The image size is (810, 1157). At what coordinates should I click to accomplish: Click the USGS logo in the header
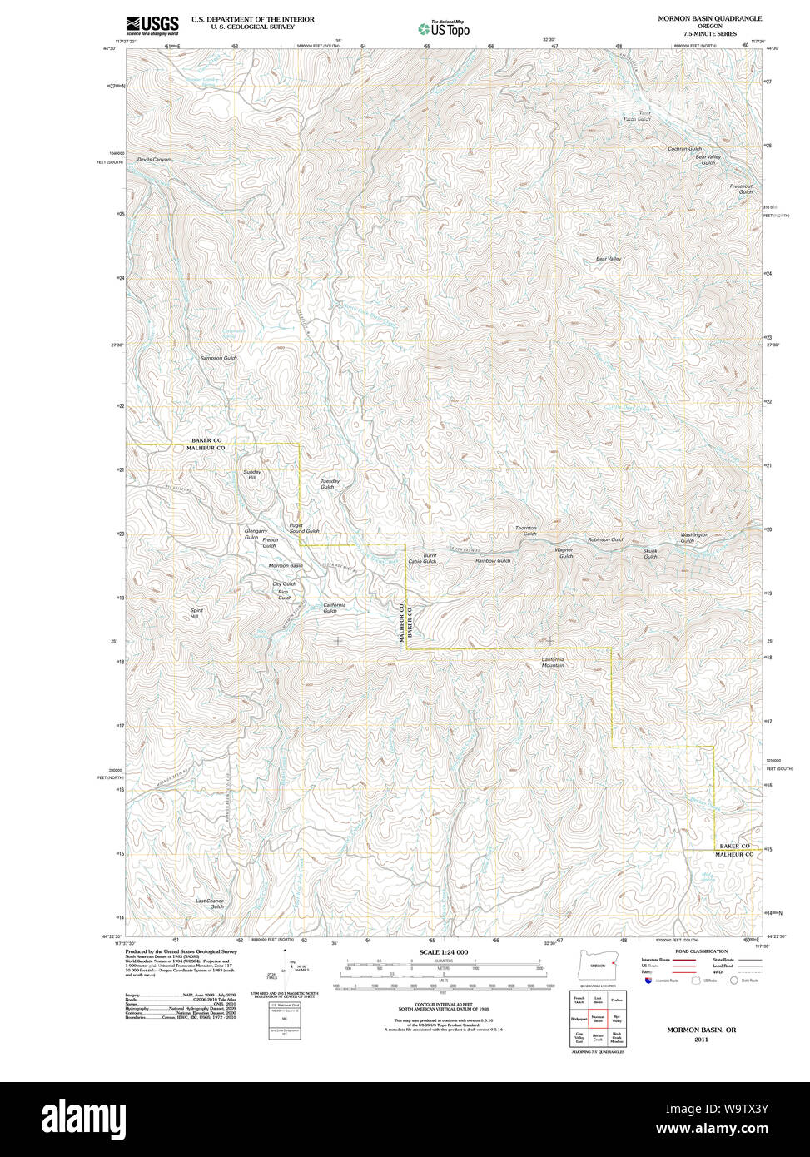pos(152,25)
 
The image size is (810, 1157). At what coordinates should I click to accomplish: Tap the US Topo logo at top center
pos(444,28)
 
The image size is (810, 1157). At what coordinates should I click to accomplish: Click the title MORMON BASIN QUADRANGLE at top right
pos(709,18)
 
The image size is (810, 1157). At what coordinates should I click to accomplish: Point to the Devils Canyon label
pos(154,159)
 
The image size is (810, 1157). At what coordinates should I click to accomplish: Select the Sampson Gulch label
pos(218,358)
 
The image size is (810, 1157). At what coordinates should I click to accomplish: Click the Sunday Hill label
pos(251,474)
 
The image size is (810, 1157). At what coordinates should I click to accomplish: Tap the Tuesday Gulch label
pos(330,484)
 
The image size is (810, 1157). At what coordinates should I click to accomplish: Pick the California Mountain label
pos(553,663)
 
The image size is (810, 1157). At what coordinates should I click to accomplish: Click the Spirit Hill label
pos(196,613)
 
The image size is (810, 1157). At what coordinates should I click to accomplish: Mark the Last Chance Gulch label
pos(210,904)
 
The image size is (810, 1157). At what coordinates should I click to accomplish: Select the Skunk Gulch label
pos(650,554)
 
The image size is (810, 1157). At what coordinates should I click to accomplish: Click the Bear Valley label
pos(608,259)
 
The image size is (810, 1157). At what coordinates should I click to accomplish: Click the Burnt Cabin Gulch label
pos(422,559)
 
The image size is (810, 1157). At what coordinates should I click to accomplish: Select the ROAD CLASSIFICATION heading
pos(701,951)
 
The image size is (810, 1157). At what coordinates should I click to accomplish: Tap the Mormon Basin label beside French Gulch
pos(285,566)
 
